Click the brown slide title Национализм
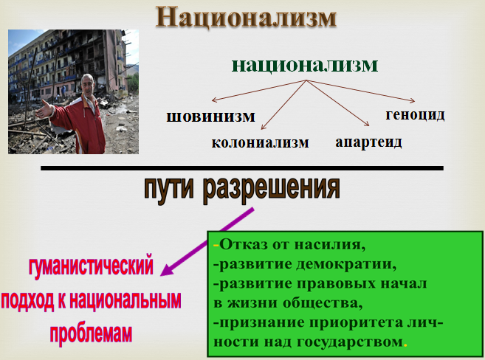[x=247, y=17]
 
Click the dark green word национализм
[x=305, y=65]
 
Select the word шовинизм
[x=210, y=117]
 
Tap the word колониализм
[x=260, y=142]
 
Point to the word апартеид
[x=368, y=142]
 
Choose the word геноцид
[x=415, y=114]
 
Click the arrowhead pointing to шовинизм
[x=214, y=100]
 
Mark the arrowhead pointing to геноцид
[x=412, y=100]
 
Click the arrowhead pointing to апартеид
[x=367, y=124]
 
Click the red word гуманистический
[x=91, y=266]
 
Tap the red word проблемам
[x=91, y=333]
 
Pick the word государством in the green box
[x=350, y=342]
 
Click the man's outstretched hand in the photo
[x=46, y=109]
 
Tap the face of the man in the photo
[x=88, y=86]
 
